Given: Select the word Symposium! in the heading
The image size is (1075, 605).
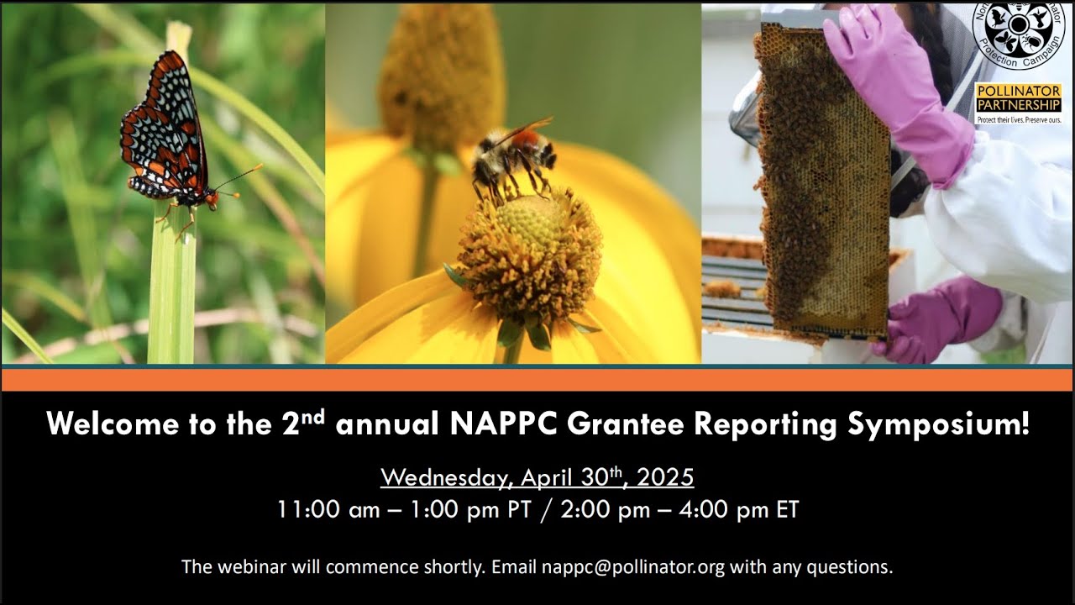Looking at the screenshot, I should pyautogui.click(x=938, y=424).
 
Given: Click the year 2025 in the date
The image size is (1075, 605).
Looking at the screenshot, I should pyautogui.click(x=665, y=477).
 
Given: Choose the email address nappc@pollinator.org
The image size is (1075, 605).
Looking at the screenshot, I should pyautogui.click(x=633, y=566).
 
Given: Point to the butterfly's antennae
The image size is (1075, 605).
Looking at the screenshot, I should pyautogui.click(x=239, y=179).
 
